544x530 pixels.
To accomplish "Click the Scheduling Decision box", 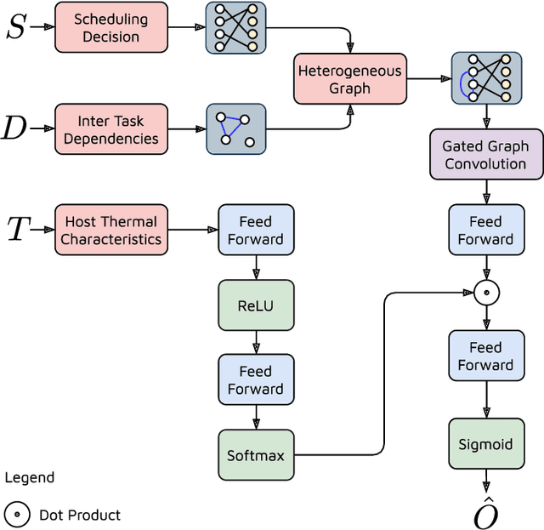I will pyautogui.click(x=110, y=27).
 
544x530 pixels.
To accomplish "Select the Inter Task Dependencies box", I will pyautogui.click(x=110, y=128).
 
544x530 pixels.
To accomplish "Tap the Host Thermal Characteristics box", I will pyautogui.click(x=110, y=230).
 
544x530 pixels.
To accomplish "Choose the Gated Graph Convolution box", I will pyautogui.click(x=485, y=155).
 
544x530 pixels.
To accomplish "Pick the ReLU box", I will pyautogui.click(x=256, y=305).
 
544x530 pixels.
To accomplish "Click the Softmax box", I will pyautogui.click(x=256, y=455).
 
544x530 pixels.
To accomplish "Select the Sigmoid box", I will pyautogui.click(x=485, y=444).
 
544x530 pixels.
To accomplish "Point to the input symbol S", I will pyautogui.click(x=16, y=27).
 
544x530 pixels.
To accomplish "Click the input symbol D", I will pyautogui.click(x=14, y=128).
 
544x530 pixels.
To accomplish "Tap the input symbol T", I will pyautogui.click(x=18, y=230).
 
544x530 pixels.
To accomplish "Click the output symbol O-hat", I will pyautogui.click(x=485, y=512).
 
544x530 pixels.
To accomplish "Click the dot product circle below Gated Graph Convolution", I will pyautogui.click(x=485, y=293).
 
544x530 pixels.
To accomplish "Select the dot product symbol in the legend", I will pyautogui.click(x=16, y=515).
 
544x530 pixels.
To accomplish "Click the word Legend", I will pyautogui.click(x=30, y=478).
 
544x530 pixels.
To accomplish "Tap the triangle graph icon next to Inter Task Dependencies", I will pyautogui.click(x=235, y=128).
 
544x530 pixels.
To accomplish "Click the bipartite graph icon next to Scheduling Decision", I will pyautogui.click(x=235, y=27).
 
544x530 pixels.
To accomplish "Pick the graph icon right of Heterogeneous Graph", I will pyautogui.click(x=485, y=78).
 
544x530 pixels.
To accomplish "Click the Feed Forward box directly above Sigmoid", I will pyautogui.click(x=485, y=356).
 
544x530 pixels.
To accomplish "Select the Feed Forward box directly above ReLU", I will pyautogui.click(x=256, y=230).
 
